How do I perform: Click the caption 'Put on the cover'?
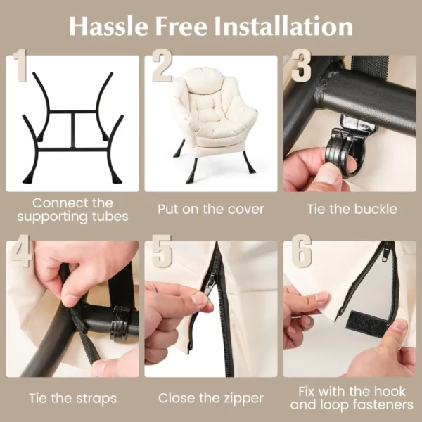211,209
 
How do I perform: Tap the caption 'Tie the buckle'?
352,209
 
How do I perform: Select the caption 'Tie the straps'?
72,398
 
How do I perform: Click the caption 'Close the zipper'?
211,398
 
